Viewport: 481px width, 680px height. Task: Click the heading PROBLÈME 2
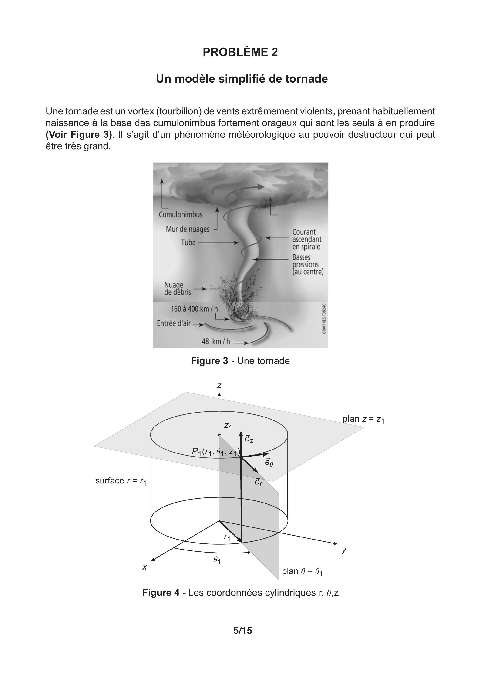[x=240, y=52]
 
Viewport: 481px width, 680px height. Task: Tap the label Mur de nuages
[x=187, y=229]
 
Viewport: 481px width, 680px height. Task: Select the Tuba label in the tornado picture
[x=188, y=243]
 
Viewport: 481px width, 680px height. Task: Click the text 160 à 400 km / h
[x=194, y=309]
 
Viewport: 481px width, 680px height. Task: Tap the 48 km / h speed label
[x=216, y=341]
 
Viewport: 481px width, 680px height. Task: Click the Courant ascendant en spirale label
[x=306, y=239]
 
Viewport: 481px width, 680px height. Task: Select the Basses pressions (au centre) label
[x=308, y=264]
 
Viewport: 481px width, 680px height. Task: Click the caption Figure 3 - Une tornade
[x=240, y=361]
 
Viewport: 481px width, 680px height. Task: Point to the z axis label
[x=219, y=386]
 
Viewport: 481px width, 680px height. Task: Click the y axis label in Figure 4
[x=344, y=550]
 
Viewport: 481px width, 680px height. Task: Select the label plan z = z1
[x=363, y=419]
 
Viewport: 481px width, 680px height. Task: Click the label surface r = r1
[x=121, y=481]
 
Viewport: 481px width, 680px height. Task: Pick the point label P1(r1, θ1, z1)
[x=216, y=452]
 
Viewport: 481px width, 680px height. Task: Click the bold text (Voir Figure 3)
[x=79, y=134]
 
